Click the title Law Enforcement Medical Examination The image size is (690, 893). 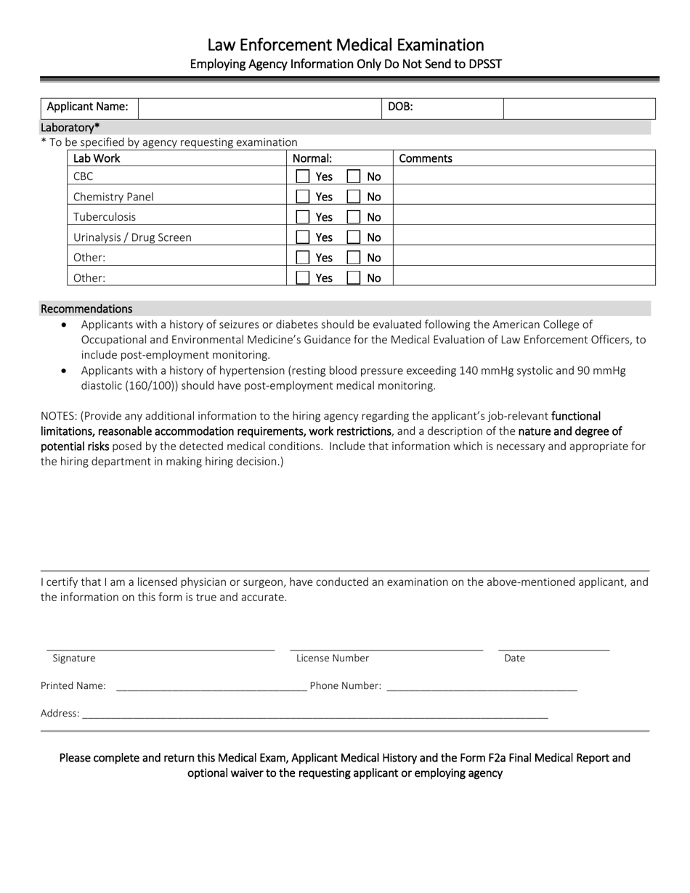coord(345,45)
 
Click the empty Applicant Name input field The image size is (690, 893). coord(259,108)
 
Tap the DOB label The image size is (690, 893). coord(400,107)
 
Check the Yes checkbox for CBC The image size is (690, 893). coord(303,176)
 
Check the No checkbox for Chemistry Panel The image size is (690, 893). coord(353,197)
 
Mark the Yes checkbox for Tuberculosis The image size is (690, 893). coord(303,217)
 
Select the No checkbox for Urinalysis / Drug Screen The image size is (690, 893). coord(353,237)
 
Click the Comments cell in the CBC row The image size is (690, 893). coord(524,176)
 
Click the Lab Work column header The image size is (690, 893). coord(97,158)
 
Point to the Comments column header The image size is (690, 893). coord(426,158)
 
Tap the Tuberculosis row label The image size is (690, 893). coord(105,217)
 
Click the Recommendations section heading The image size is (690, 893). coord(86,309)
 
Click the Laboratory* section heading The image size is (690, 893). coord(70,128)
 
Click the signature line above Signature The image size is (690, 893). coord(161,648)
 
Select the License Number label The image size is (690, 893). coord(333,658)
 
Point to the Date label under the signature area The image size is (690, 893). coord(514,658)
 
